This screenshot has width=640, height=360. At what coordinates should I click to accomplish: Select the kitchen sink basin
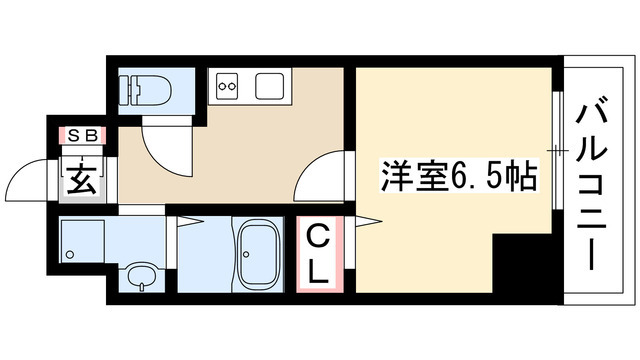[270, 87]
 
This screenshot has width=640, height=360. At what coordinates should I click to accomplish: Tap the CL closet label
[317, 255]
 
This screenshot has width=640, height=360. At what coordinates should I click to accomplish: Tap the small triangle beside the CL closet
[374, 220]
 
